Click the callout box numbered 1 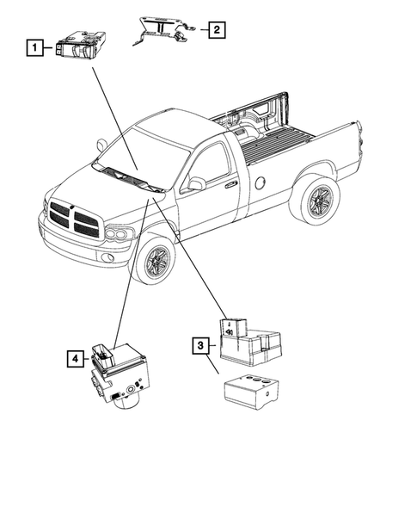pos(34,48)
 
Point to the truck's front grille pos(75,219)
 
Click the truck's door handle pos(230,183)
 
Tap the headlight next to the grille pos(118,234)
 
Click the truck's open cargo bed pos(284,138)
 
